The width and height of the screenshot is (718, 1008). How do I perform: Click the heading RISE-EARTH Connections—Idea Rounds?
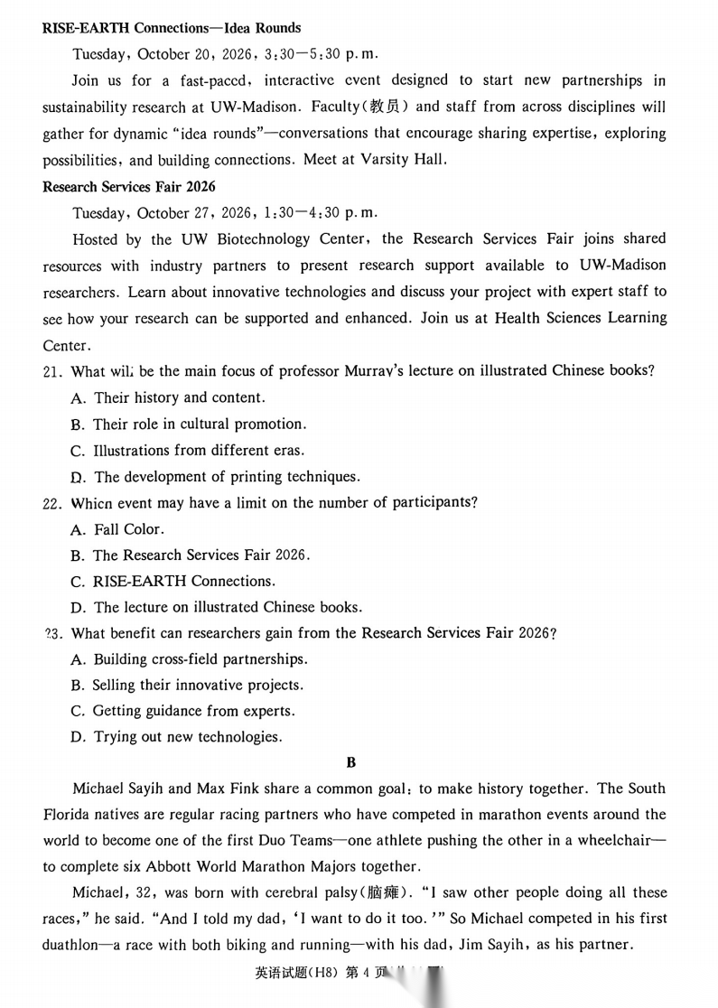(x=172, y=28)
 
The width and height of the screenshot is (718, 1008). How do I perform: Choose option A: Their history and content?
(x=168, y=397)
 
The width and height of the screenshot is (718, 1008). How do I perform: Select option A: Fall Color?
(x=117, y=529)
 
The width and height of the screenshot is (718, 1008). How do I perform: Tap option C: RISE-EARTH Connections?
(x=173, y=581)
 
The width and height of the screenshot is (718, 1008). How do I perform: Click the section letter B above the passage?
(x=351, y=762)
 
